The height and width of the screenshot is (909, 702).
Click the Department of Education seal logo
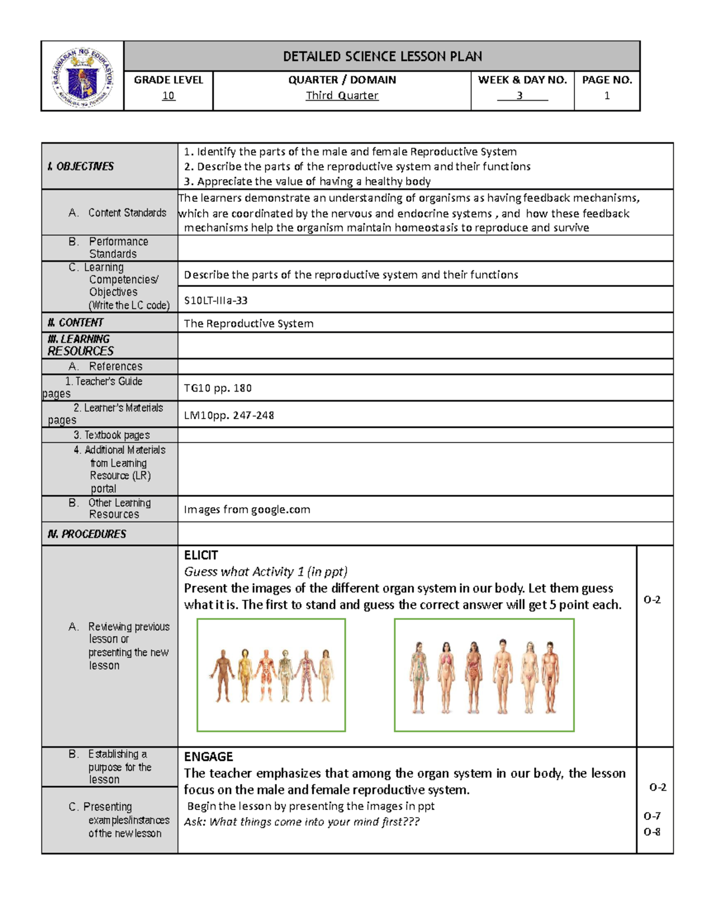82,77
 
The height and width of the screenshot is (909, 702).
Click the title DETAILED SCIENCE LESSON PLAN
382,56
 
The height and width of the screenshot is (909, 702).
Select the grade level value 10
168,95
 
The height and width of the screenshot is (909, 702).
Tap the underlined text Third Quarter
342,95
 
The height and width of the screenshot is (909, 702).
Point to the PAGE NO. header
607,80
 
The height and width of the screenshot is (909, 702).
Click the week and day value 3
519,95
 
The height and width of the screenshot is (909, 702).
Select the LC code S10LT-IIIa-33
216,300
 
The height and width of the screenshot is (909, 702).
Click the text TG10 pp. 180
218,388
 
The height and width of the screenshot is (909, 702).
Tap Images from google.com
247,509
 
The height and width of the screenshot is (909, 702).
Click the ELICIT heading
201,555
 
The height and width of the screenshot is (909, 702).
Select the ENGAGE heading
208,756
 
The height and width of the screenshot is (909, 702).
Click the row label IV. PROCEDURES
87,534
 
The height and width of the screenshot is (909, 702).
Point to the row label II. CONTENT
75,323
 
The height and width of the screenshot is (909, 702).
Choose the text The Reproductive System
249,324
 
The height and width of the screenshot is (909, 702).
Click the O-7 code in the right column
652,816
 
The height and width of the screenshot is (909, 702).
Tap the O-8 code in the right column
652,832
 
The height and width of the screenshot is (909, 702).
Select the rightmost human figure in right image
550,676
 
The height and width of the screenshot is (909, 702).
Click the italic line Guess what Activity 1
266,571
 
